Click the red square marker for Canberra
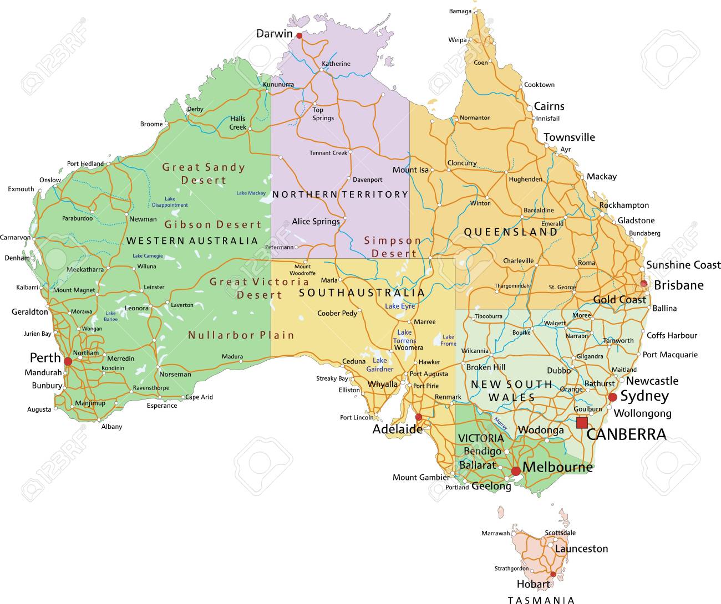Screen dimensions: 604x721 581,423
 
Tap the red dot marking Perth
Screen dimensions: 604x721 68,361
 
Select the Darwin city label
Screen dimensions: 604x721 274,34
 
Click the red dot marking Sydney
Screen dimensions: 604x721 612,397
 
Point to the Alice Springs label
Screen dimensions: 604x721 316,222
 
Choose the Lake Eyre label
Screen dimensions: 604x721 400,306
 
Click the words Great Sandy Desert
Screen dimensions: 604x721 204,173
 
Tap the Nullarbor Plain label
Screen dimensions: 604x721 241,335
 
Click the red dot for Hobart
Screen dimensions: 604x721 553,574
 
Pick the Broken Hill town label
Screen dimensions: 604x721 486,367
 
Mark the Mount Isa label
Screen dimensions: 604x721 410,170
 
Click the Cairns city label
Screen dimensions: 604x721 549,106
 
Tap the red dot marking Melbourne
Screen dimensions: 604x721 516,471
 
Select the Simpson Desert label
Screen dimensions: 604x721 393,247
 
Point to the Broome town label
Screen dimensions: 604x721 151,124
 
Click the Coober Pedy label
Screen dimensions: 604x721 337,314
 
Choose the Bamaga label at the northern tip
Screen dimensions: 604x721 460,11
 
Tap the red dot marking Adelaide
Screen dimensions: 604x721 419,417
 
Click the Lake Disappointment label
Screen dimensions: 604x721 170,202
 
